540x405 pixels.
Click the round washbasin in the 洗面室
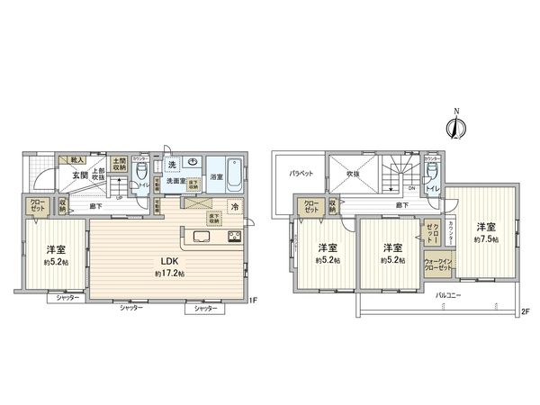pyautogui.click(x=193, y=164)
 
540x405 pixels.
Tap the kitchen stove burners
pyautogui.click(x=234, y=237)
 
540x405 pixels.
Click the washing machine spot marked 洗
pyautogui.click(x=171, y=164)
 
